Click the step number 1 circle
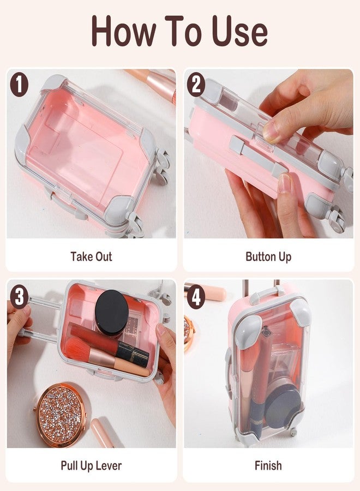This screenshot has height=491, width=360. click(x=19, y=85)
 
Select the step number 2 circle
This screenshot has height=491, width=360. click(x=196, y=85)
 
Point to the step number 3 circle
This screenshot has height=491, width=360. click(x=19, y=297)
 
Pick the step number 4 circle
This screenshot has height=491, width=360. click(x=196, y=297)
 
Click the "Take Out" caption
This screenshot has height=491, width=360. click(x=91, y=256)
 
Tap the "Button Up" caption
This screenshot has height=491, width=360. click(x=268, y=256)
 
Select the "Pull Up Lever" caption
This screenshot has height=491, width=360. click(x=91, y=465)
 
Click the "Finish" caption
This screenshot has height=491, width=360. click(x=268, y=465)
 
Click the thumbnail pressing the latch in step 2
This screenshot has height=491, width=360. click(x=271, y=131)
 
